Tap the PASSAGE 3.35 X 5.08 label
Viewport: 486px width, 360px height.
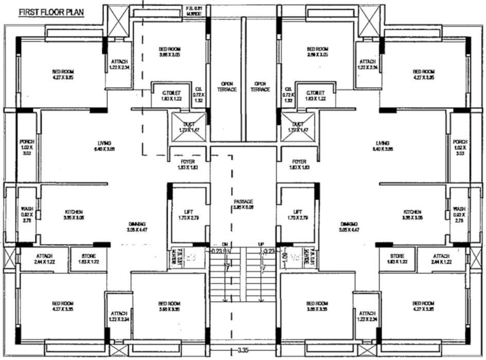pyautogui.click(x=243, y=205)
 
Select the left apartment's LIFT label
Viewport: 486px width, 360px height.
pyautogui.click(x=189, y=214)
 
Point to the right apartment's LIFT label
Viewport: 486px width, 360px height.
pyautogui.click(x=297, y=214)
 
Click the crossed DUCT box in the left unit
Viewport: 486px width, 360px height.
pyautogui.click(x=189, y=127)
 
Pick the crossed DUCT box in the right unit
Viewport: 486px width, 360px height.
pyautogui.click(x=298, y=127)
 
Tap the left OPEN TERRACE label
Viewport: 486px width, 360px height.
pyautogui.click(x=227, y=86)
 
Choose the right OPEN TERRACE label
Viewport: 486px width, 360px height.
pyautogui.click(x=260, y=86)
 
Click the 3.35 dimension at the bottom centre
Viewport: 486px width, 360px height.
pyautogui.click(x=244, y=351)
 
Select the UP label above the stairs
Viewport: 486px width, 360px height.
pyautogui.click(x=261, y=244)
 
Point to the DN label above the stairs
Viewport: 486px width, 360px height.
pyautogui.click(x=225, y=244)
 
